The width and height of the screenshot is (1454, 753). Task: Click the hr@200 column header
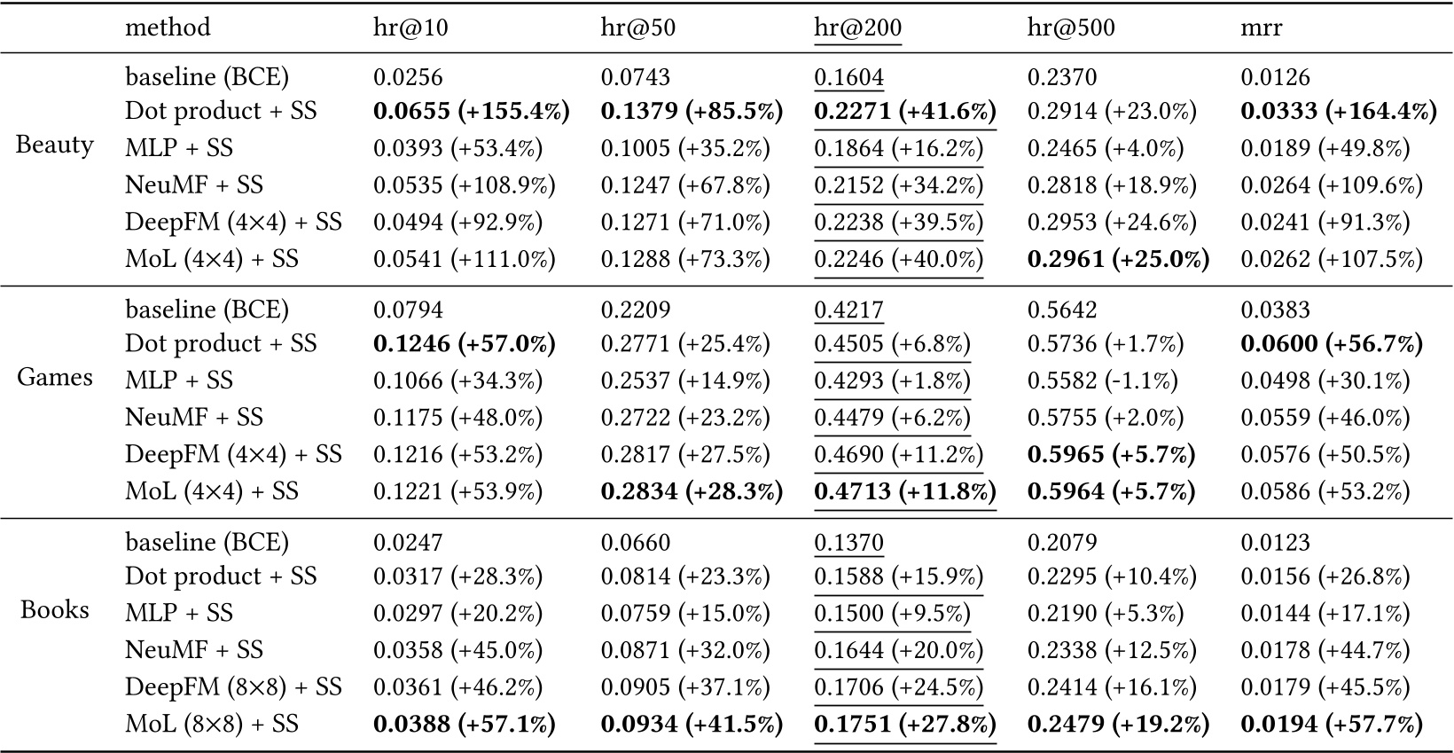coord(857,27)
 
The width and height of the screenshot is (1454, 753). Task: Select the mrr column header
coord(1260,27)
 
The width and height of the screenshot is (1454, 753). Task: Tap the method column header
coord(168,27)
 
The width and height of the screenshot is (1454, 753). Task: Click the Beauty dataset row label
coord(54,145)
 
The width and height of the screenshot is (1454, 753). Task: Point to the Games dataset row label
coord(54,378)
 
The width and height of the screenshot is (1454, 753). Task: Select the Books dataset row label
coord(54,610)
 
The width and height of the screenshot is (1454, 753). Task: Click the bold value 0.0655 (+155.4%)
coord(471,111)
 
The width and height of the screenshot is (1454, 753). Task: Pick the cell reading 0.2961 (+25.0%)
coord(1118,259)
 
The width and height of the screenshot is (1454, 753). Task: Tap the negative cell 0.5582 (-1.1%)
coord(1102,380)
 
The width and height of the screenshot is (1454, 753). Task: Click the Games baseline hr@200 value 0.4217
coord(848,310)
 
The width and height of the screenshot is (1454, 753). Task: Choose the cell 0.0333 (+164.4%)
coord(1338,111)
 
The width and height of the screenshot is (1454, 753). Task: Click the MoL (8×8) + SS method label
coord(212,725)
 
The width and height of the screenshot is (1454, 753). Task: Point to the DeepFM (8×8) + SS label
coord(233,687)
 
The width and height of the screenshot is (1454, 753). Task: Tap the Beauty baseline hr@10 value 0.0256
coord(407,77)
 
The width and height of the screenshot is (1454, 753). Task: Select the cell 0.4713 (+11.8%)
coord(904,491)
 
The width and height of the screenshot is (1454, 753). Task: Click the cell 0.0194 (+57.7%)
coord(1331,725)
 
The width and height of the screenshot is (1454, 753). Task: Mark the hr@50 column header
coord(637,27)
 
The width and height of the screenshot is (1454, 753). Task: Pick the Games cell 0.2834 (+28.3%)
coord(692,491)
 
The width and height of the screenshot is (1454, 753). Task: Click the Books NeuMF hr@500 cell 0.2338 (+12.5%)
coord(1111,650)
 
